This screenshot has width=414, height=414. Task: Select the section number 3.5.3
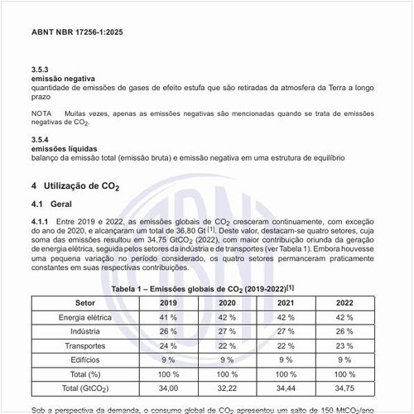[x=41, y=70]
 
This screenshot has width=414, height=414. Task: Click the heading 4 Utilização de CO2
[x=75, y=185]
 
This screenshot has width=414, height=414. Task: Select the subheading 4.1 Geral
[x=52, y=204]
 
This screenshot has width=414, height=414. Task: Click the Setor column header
[x=85, y=302]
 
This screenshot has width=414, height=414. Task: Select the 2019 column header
[x=169, y=302]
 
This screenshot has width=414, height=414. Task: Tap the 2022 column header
[x=345, y=302]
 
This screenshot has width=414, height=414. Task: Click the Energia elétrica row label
[x=85, y=317]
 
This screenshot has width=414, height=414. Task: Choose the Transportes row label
[x=85, y=345]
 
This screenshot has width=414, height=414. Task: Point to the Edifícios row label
[x=85, y=359]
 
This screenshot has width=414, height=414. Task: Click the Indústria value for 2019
[x=169, y=331]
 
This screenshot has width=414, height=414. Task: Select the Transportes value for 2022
[x=345, y=345]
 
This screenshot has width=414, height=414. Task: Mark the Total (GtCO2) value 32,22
[x=228, y=388]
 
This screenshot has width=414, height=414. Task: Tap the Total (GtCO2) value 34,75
[x=345, y=388]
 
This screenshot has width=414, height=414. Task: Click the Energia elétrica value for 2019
[x=169, y=317]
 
